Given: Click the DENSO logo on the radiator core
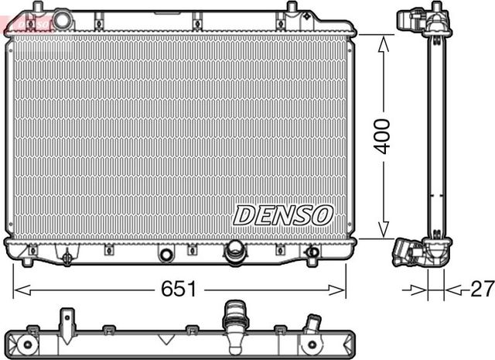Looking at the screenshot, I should [x=283, y=215].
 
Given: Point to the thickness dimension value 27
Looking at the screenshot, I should [x=481, y=290].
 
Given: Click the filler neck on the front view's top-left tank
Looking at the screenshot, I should [x=62, y=19].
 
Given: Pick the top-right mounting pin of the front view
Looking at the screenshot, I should [x=292, y=9].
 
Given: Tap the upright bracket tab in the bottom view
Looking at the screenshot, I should [x=67, y=319].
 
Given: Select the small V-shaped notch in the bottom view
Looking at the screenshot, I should [x=165, y=340].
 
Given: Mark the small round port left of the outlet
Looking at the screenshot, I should [x=165, y=253].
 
